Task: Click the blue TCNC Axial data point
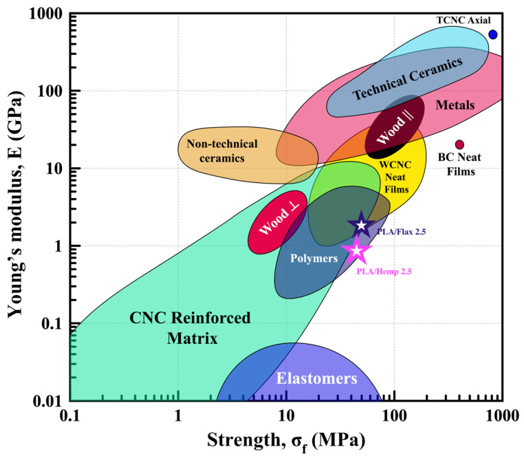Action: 492,34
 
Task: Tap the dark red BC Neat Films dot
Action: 459,144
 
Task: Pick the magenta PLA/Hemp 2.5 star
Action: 357,251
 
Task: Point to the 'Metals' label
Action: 455,105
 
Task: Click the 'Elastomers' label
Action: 316,378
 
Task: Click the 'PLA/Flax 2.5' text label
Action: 402,232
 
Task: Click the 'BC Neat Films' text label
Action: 459,164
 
